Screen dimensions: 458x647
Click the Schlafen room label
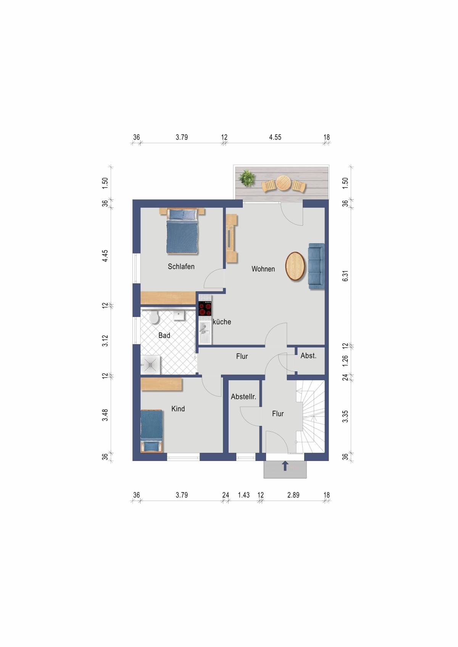pyautogui.click(x=181, y=266)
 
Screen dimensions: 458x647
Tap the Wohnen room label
pyautogui.click(x=263, y=269)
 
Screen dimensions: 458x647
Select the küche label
pyautogui.click(x=222, y=322)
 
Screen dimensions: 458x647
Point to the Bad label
pyautogui.click(x=164, y=336)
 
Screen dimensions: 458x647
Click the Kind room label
pyautogui.click(x=178, y=409)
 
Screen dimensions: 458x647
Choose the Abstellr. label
pyautogui.click(x=244, y=397)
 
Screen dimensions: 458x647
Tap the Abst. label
pyautogui.click(x=308, y=356)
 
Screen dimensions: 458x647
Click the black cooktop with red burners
pyautogui.click(x=205, y=308)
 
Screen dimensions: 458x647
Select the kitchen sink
pyautogui.click(x=205, y=332)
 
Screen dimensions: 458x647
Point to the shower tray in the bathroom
pyautogui.click(x=150, y=365)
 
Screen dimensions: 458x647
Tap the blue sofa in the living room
pyautogui.click(x=316, y=266)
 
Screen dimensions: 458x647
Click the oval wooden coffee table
pyautogui.click(x=295, y=266)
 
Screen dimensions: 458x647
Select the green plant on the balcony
pyautogui.click(x=247, y=177)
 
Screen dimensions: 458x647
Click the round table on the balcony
pyautogui.click(x=283, y=183)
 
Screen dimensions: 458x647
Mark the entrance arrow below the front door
pyautogui.click(x=285, y=466)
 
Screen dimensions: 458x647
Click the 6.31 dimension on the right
pyautogui.click(x=345, y=276)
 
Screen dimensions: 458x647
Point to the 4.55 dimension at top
pyautogui.click(x=275, y=137)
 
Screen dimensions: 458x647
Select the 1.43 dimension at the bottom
pyautogui.click(x=244, y=495)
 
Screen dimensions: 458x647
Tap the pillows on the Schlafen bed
pyautogui.click(x=182, y=214)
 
